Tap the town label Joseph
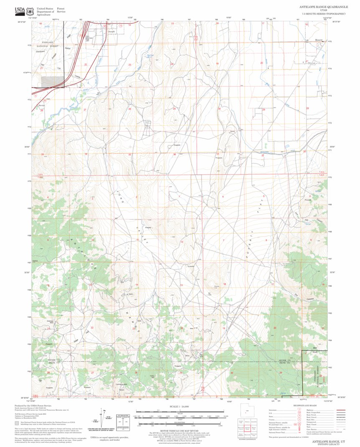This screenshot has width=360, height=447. (x=111, y=31)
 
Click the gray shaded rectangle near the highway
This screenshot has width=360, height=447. (x=52, y=81)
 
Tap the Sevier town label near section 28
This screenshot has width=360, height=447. (x=41, y=105)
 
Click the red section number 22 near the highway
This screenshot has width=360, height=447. (x=86, y=64)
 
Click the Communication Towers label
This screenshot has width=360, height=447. (x=122, y=385)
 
